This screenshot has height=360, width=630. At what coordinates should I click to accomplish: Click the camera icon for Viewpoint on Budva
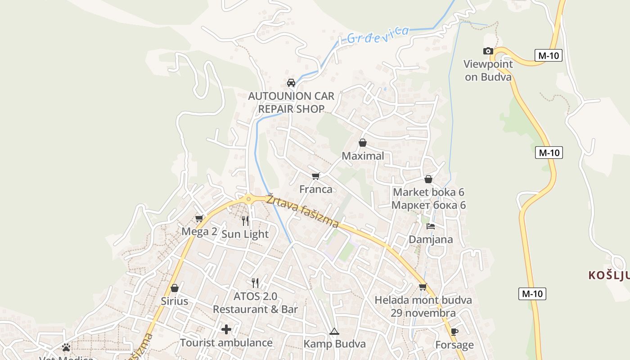pyautogui.click(x=488, y=51)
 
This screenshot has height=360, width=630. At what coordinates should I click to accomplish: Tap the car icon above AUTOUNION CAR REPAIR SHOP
pyautogui.click(x=291, y=83)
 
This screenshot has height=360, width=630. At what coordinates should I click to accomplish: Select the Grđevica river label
pyautogui.click(x=378, y=35)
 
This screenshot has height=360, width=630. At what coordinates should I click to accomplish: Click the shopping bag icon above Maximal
pyautogui.click(x=363, y=143)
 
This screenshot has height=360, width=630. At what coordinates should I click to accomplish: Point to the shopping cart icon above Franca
pyautogui.click(x=316, y=176)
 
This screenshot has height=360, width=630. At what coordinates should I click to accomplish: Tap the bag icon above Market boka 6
pyautogui.click(x=428, y=179)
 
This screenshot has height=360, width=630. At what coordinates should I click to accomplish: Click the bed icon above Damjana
pyautogui.click(x=431, y=226)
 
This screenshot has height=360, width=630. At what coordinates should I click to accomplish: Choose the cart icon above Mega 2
pyautogui.click(x=199, y=219)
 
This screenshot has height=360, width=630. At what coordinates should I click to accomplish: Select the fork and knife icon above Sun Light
pyautogui.click(x=245, y=220)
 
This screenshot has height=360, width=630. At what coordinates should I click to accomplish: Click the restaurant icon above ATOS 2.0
pyautogui.click(x=255, y=283)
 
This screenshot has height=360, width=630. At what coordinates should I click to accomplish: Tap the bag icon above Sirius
pyautogui.click(x=175, y=288)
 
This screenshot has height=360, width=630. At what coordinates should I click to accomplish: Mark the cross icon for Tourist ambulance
pyautogui.click(x=226, y=329)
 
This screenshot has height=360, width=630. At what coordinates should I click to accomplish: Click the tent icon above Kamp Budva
pyautogui.click(x=334, y=332)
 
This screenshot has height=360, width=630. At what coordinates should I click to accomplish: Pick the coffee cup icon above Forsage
pyautogui.click(x=454, y=332)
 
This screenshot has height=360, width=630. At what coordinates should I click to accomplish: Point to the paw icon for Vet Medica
pyautogui.click(x=66, y=347)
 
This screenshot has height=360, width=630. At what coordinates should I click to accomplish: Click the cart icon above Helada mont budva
pyautogui.click(x=423, y=287)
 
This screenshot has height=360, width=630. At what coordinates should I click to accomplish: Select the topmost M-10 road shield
pyautogui.click(x=549, y=56)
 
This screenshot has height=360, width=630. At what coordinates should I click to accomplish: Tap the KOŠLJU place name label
pyautogui.click(x=609, y=275)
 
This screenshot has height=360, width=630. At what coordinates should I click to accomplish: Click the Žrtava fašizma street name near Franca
pyautogui.click(x=302, y=211)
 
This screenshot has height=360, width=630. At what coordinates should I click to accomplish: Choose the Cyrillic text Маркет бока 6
pyautogui.click(x=428, y=205)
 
